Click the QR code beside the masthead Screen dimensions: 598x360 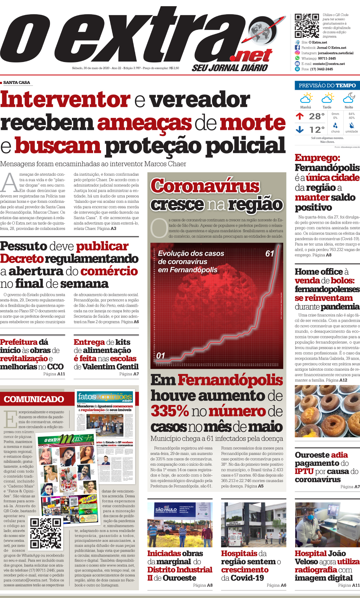306,26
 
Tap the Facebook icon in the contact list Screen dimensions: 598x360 297,48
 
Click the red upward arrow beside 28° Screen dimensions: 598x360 300,116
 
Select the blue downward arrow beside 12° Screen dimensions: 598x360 300,130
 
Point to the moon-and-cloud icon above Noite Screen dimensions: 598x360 349,98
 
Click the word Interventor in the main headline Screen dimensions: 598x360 65,99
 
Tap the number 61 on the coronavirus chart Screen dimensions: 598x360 270,253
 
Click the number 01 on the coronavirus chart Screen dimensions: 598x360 161,355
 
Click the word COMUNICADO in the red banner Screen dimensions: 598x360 34,399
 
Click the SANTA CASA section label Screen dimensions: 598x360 17,83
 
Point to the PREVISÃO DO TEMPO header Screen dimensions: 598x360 327,86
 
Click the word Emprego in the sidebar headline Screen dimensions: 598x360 317,158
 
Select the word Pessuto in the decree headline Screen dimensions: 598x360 24,246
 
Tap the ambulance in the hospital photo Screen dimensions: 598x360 234,539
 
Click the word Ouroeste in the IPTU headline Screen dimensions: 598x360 312,455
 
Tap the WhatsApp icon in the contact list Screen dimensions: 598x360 297,58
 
